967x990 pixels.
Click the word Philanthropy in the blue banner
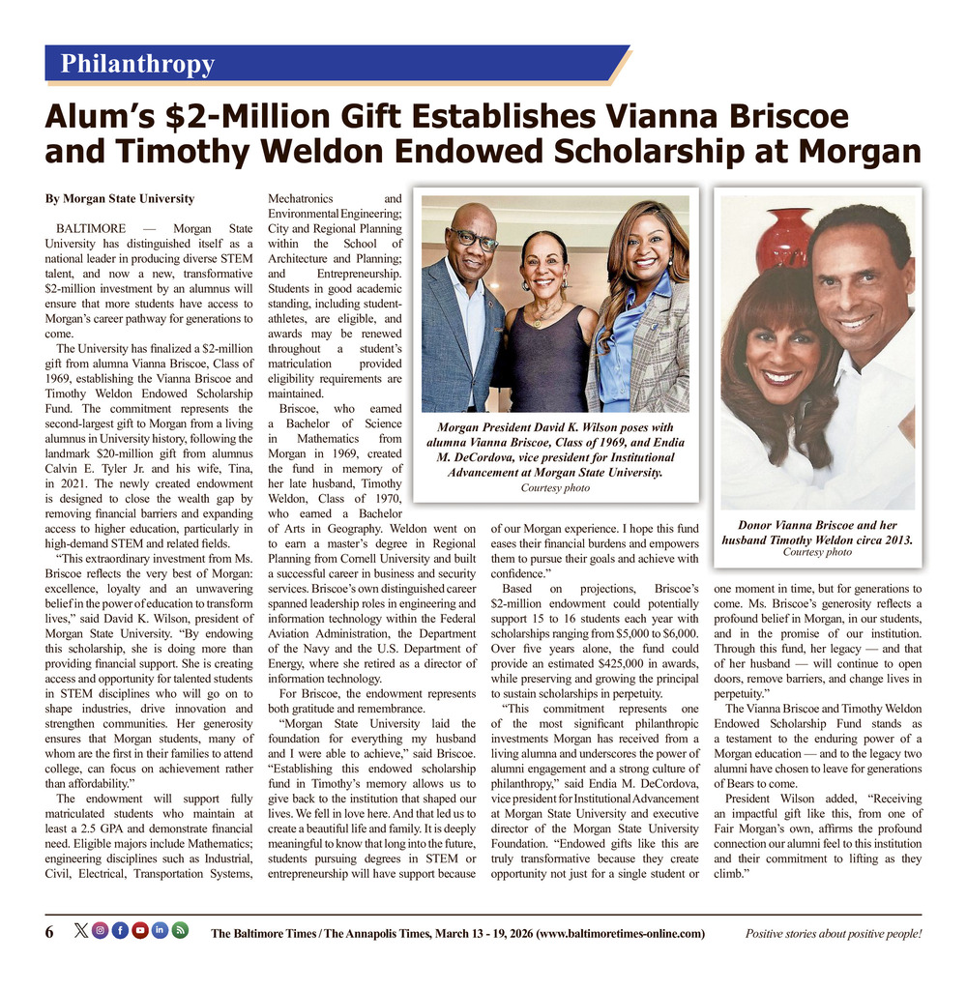click(x=137, y=65)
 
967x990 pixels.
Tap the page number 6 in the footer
click(x=49, y=932)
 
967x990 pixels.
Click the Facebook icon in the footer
click(x=119, y=931)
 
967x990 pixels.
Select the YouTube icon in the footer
click(x=139, y=931)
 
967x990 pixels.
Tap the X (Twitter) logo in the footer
click(x=80, y=931)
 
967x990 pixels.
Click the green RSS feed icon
click(x=180, y=931)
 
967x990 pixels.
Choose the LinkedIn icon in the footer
click(x=160, y=931)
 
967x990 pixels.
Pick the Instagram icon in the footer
click(x=100, y=931)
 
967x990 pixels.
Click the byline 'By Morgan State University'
click(x=120, y=199)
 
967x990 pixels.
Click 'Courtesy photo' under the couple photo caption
click(x=817, y=552)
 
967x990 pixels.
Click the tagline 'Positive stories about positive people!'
click(x=833, y=933)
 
